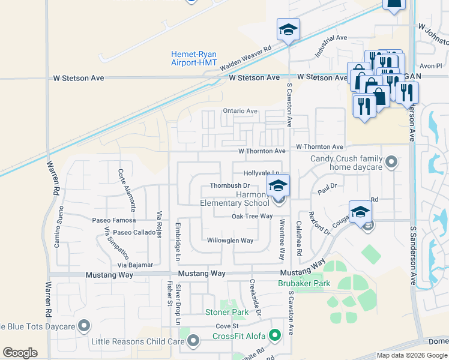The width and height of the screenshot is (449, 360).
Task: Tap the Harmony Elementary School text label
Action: click(235, 199)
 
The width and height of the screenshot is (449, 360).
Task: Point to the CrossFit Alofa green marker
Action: click(276, 335)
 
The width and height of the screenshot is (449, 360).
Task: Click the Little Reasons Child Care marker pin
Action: click(193, 341)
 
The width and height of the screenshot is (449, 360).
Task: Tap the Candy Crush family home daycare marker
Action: click(391, 161)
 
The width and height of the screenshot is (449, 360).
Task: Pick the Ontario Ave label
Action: click(240, 111)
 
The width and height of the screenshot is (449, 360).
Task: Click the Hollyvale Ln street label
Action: click(262, 173)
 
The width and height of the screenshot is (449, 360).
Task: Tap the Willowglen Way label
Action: click(230, 241)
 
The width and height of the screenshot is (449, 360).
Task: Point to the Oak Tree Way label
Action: click(252, 216)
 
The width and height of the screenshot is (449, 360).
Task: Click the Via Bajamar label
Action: click(135, 265)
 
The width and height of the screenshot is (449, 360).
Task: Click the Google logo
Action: click(20, 353)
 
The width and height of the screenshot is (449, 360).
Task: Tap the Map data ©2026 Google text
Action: click(411, 355)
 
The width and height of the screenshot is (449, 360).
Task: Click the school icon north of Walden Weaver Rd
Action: click(288, 30)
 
